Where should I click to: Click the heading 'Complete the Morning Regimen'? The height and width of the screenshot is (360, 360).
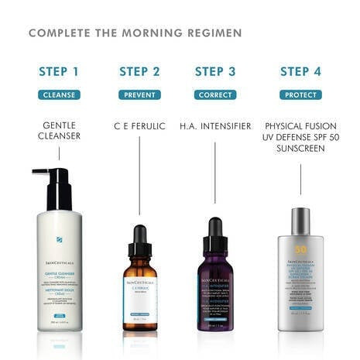pyautogui.click(x=135, y=33)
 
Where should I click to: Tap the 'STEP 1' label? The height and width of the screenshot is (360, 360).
pyautogui.click(x=59, y=72)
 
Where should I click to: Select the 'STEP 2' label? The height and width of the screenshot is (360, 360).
pyautogui.click(x=139, y=72)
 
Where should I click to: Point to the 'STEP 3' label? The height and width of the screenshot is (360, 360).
pyautogui.click(x=215, y=72)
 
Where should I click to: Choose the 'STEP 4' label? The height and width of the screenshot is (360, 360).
pyautogui.click(x=300, y=72)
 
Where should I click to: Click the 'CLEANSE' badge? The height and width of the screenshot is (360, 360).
pyautogui.click(x=59, y=95)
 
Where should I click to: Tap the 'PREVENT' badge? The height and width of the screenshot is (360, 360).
pyautogui.click(x=139, y=95)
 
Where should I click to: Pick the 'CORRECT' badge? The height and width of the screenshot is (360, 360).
pyautogui.click(x=215, y=95)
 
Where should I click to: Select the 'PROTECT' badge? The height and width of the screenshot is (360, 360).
pyautogui.click(x=300, y=95)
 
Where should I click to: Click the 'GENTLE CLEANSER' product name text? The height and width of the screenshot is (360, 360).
pyautogui.click(x=59, y=131)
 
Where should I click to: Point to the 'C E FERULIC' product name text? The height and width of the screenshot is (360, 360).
pyautogui.click(x=139, y=125)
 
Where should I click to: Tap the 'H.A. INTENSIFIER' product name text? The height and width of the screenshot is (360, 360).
pyautogui.click(x=215, y=125)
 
